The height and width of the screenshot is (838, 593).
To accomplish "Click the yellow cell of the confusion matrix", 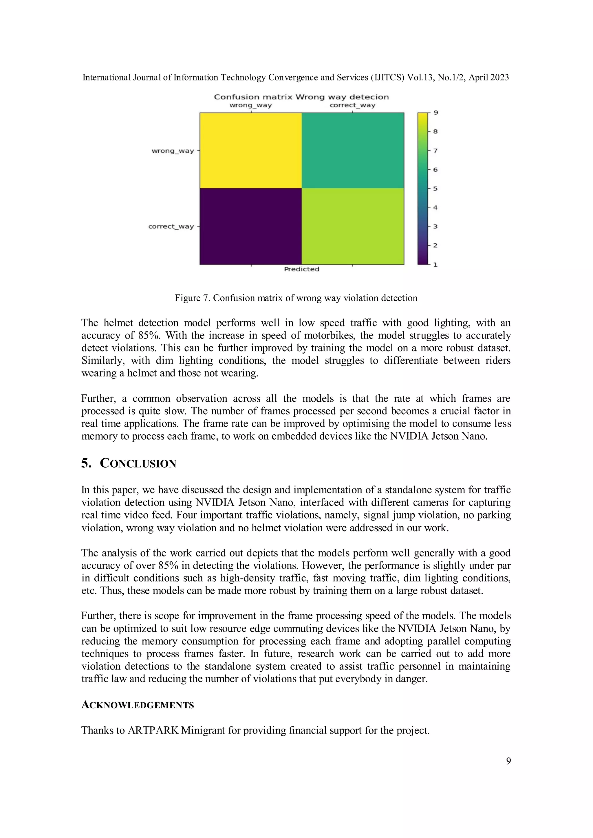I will click(250, 150).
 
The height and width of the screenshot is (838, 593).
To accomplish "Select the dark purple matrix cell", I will click(250, 226).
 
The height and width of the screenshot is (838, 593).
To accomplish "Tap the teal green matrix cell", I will click(353, 150).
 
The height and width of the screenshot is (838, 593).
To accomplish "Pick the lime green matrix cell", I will click(353, 226).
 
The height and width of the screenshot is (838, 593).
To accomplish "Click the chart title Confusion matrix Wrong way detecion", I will click(301, 97).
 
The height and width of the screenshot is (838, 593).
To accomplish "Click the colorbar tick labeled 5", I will click(435, 189).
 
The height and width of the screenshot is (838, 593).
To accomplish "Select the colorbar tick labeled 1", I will click(435, 264).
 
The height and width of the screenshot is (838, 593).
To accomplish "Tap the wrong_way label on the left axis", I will click(173, 151).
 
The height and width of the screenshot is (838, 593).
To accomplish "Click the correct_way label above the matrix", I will click(352, 105).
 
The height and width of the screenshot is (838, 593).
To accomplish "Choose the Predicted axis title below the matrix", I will click(302, 269).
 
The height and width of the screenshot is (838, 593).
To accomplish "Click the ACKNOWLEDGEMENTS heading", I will click(137, 705).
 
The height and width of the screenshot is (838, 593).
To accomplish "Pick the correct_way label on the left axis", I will click(171, 226).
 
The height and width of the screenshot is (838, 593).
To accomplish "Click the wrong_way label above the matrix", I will click(250, 105).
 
